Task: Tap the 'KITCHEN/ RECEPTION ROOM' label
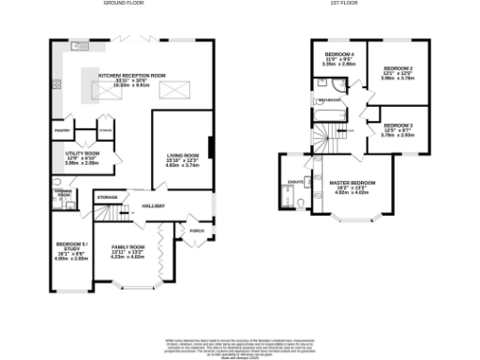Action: click(132, 73)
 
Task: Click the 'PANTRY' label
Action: click(63, 130)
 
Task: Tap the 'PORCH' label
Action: click(196, 230)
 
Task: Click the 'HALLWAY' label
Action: click(153, 205)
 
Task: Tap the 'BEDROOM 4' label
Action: click(336, 53)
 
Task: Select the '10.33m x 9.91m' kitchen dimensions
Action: click(132, 85)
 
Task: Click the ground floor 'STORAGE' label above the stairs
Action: click(107, 197)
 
